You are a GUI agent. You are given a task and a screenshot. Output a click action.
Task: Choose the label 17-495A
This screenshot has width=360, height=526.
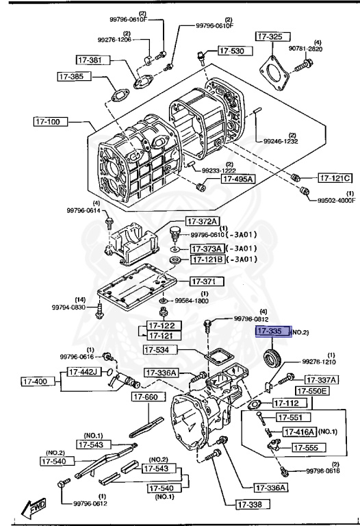click(x=237, y=179)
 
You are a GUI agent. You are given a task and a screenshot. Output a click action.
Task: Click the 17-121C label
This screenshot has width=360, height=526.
click(x=335, y=178)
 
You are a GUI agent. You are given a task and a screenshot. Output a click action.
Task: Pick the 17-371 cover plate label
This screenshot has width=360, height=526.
click(x=203, y=281)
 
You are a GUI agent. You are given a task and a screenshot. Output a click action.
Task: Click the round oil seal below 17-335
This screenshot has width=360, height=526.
click(x=274, y=357)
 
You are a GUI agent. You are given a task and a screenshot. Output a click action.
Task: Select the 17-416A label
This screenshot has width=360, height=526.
click(x=298, y=431)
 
